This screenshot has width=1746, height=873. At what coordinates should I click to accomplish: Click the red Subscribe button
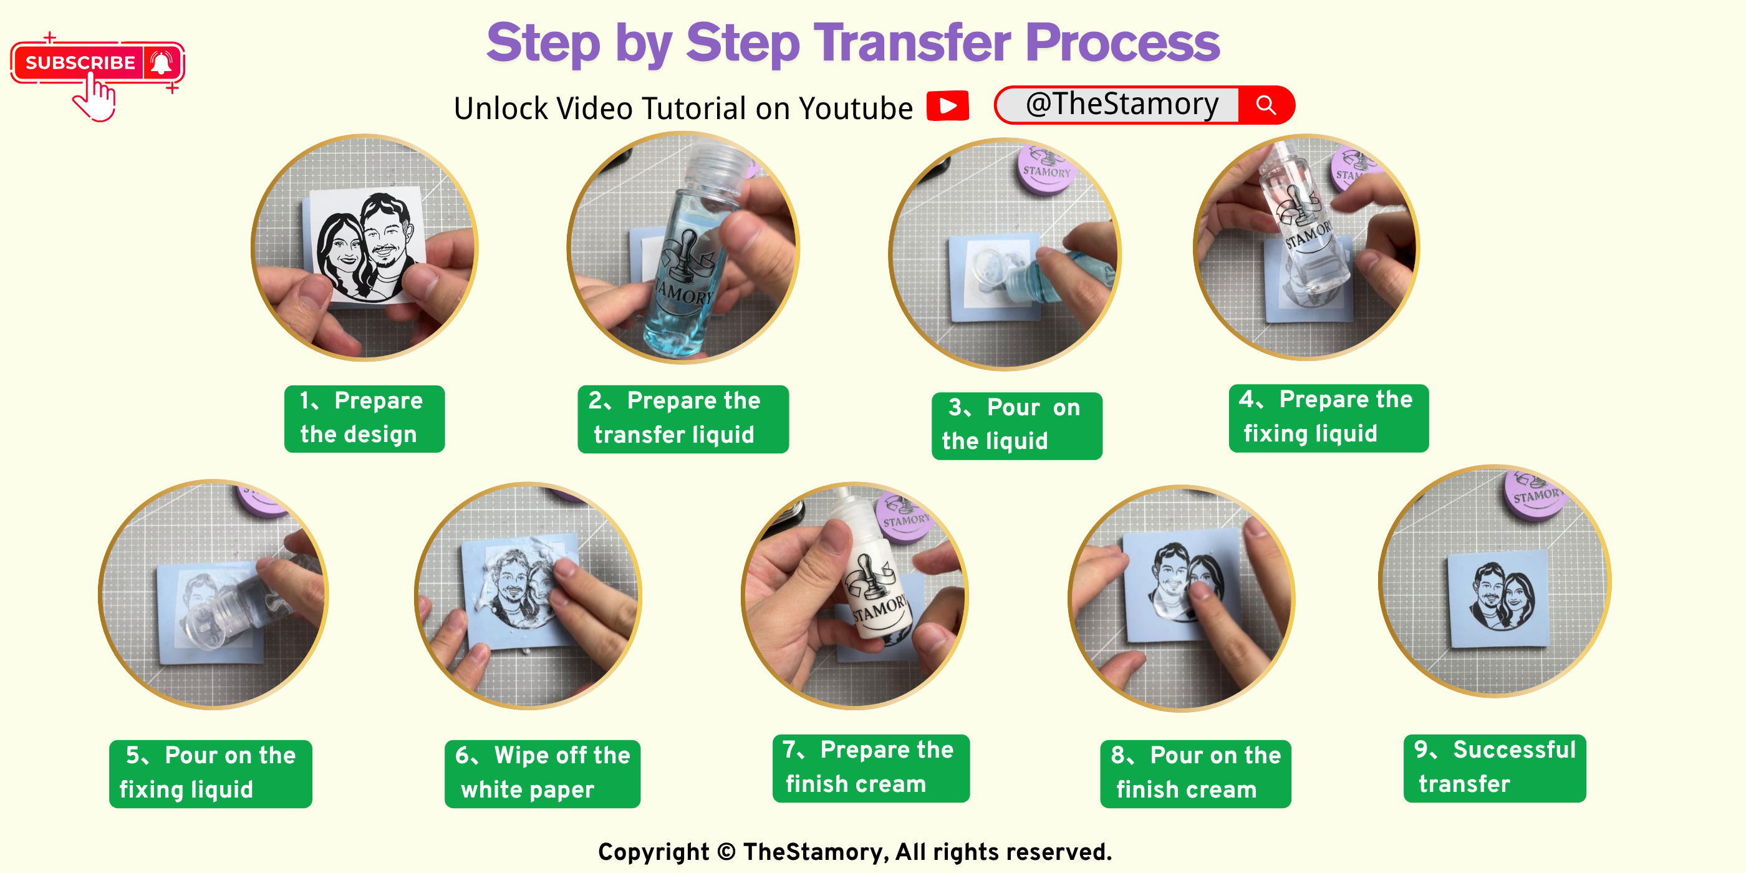[x=97, y=63]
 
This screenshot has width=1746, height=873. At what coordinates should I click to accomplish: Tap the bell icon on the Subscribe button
[x=162, y=63]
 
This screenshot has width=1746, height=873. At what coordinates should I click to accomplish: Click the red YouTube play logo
[x=948, y=106]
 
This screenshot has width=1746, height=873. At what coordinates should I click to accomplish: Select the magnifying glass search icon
[x=1265, y=105]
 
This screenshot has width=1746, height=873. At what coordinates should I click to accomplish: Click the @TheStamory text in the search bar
[x=1122, y=104]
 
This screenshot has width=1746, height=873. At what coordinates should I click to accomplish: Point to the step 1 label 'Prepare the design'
[x=365, y=418]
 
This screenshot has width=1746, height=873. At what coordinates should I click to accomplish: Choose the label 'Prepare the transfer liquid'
[x=683, y=419]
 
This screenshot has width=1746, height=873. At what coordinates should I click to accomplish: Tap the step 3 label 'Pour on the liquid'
[x=1016, y=426]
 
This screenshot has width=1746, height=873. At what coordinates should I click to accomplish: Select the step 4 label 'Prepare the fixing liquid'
[x=1328, y=418]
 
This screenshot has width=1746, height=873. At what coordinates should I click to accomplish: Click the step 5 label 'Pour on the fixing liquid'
[x=211, y=773]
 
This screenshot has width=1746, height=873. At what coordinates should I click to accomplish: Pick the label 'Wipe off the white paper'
[x=543, y=773]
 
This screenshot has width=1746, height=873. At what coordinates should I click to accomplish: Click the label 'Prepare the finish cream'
[x=871, y=768]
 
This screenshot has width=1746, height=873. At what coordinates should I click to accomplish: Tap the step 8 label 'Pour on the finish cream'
[x=1195, y=773]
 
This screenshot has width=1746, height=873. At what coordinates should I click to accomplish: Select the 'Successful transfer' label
[x=1495, y=768]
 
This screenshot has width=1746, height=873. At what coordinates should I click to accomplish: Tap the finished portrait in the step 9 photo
[x=1499, y=597]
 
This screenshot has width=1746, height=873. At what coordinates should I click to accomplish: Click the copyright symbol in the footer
[x=726, y=852]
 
